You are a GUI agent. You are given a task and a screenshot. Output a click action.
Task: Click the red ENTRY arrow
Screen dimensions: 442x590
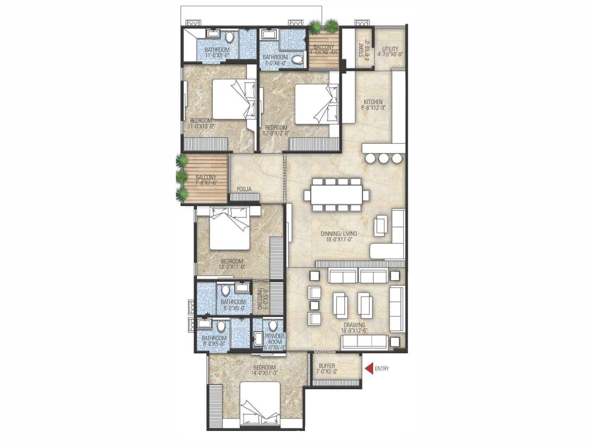(x=368, y=369)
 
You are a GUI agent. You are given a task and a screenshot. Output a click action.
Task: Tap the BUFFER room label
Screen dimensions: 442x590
(x=327, y=366)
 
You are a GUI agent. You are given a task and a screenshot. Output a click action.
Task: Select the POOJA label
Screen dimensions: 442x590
(x=244, y=189)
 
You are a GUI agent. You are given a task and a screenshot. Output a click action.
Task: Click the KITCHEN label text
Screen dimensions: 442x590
(x=373, y=102)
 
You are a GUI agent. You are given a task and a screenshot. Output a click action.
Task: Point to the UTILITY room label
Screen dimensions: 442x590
(x=390, y=49)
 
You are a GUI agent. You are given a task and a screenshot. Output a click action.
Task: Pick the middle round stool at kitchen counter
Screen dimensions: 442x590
(x=383, y=158)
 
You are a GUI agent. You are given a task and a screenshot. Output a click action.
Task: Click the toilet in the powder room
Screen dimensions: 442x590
(x=273, y=325)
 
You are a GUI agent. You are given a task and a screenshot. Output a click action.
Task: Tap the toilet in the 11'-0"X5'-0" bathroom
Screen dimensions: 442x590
(x=229, y=37)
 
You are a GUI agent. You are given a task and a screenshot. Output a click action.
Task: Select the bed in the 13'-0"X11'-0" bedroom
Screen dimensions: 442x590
(x=229, y=228)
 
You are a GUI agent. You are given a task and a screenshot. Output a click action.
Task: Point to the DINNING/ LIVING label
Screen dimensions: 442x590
(x=339, y=234)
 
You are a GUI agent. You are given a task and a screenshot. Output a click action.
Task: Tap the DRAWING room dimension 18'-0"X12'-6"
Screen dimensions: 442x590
(x=354, y=331)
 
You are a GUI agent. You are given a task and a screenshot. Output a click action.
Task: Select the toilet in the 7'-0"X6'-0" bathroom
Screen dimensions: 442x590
(x=298, y=59)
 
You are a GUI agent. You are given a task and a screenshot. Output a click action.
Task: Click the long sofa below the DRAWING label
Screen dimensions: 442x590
(x=365, y=342)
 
